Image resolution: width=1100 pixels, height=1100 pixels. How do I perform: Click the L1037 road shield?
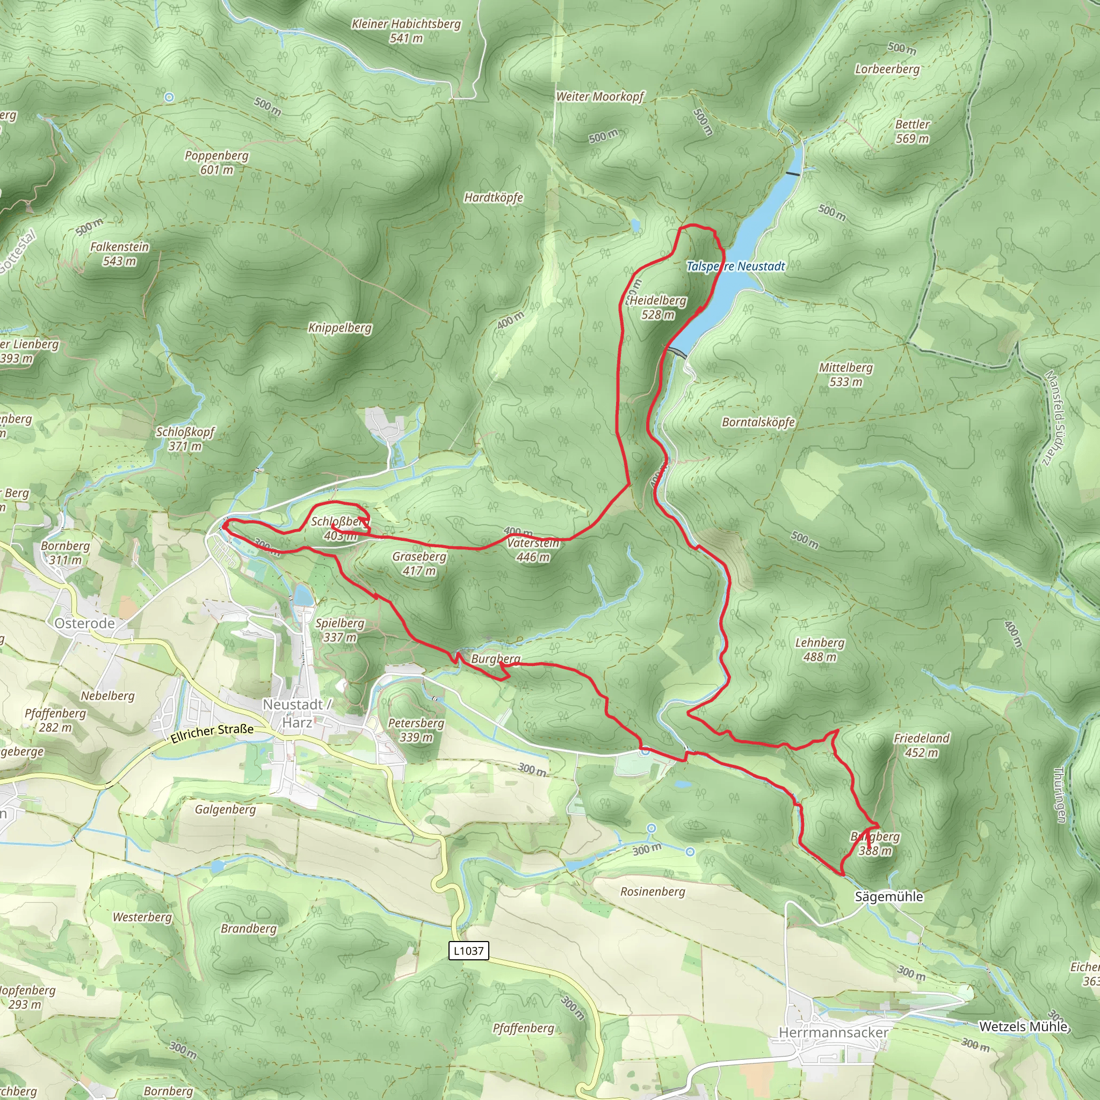(x=468, y=950)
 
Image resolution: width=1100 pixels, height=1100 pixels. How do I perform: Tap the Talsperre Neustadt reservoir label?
(x=735, y=266)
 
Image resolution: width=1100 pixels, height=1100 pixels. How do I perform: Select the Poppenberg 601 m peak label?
(x=216, y=162)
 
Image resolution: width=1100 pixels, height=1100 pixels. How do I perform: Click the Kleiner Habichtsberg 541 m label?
(x=406, y=31)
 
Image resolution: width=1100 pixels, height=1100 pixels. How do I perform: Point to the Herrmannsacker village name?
(x=833, y=1032)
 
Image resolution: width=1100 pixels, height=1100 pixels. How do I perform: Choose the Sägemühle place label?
(x=888, y=896)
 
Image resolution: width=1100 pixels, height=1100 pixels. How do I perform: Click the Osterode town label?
(x=84, y=623)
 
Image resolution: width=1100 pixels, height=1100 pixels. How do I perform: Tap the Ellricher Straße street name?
(x=212, y=733)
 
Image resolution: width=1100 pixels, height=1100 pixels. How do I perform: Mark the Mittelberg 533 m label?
(x=845, y=375)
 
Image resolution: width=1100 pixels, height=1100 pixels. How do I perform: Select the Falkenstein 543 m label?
(x=120, y=254)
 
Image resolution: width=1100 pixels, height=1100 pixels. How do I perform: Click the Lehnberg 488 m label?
(x=819, y=649)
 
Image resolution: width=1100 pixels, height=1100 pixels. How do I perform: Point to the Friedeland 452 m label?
(x=921, y=745)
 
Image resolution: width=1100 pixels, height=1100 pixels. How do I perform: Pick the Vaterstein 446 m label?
(x=533, y=549)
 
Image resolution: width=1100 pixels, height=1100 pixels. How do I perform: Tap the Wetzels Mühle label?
(x=1023, y=1026)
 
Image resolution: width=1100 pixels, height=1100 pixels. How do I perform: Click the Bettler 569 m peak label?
(x=912, y=131)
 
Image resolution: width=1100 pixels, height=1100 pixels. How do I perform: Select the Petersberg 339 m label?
(x=416, y=729)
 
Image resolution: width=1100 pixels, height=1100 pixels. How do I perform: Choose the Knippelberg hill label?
(x=339, y=328)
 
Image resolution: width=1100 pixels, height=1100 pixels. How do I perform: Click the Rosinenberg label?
(x=653, y=891)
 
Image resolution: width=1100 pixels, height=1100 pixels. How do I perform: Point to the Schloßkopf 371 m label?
(x=185, y=438)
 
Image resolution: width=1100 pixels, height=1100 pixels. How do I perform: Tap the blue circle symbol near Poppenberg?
(x=169, y=97)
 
